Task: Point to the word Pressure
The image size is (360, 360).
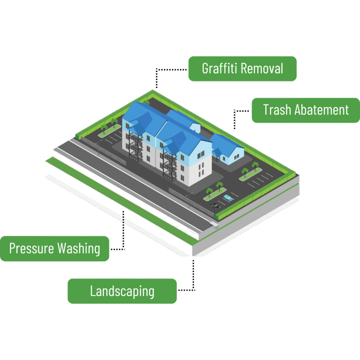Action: click(x=31, y=248)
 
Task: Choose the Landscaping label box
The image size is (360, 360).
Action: click(x=122, y=291)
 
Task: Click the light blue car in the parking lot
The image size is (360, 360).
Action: click(x=228, y=198)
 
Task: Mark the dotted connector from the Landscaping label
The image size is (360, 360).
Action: click(x=193, y=278)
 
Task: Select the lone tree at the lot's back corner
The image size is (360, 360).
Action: click(x=146, y=103)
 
